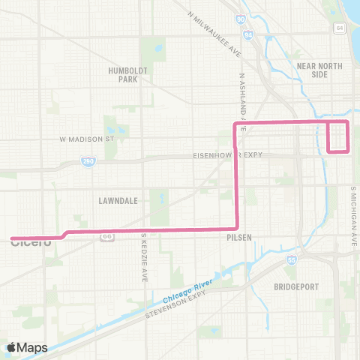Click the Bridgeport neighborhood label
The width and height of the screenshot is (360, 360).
click(x=297, y=286)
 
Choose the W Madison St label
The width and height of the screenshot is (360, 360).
click(x=86, y=139)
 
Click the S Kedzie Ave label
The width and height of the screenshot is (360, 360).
click(x=144, y=257)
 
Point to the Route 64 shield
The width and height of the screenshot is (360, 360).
click(x=340, y=28)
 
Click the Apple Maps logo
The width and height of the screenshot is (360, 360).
click(x=27, y=347)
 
